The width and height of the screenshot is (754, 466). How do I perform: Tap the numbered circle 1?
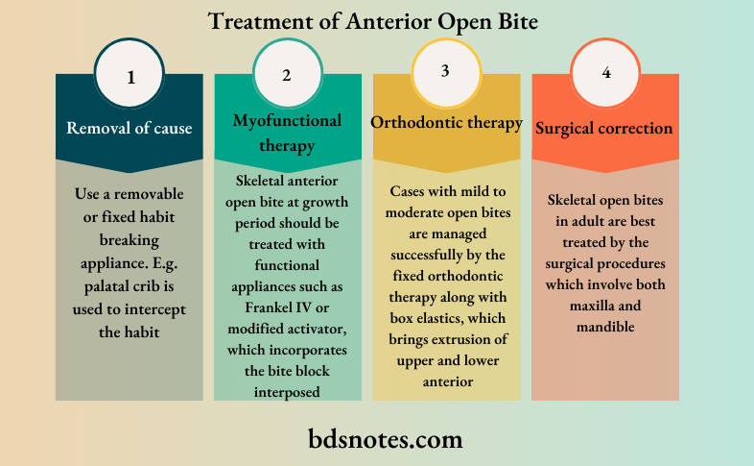point(130,75)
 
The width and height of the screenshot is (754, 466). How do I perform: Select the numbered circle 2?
point(287,75)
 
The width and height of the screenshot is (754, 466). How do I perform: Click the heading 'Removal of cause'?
point(130,127)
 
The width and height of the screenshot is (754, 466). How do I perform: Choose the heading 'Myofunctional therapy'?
point(287,133)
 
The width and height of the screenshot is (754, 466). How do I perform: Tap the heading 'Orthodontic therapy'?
point(446,123)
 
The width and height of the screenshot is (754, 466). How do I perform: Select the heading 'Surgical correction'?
point(604,127)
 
